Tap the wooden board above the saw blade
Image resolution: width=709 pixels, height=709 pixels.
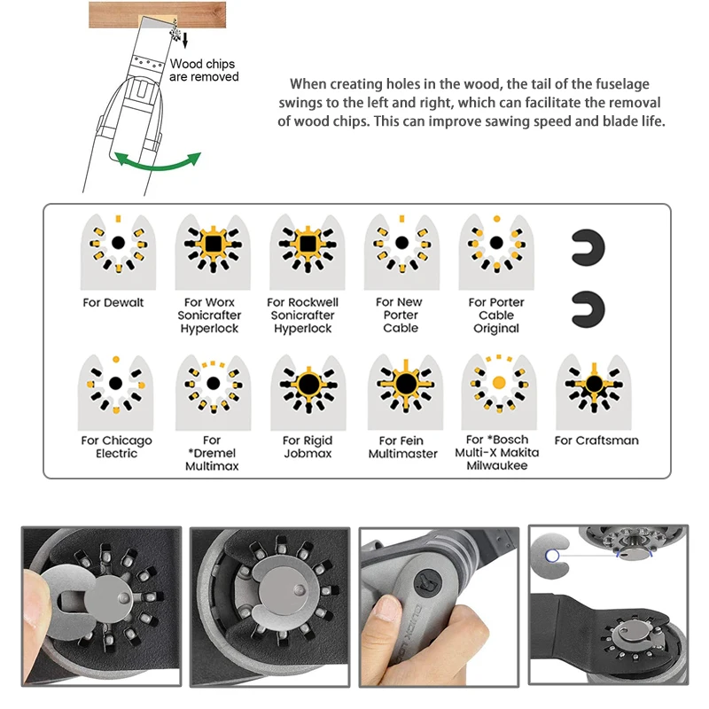click(x=157, y=14)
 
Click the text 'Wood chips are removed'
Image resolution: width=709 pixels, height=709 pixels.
click(x=204, y=70)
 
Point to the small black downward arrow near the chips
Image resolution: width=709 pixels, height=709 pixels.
click(x=184, y=40)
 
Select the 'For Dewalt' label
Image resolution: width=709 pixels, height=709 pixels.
click(x=113, y=302)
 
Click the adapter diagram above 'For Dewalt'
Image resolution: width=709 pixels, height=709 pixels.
click(x=118, y=252)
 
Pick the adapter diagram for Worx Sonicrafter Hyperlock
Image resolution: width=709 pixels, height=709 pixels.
click(x=213, y=252)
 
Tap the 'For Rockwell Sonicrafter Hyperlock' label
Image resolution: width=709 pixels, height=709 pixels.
click(x=302, y=316)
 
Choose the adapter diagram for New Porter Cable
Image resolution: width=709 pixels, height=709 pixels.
click(x=401, y=252)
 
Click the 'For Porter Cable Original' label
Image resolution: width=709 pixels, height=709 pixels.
click(x=496, y=316)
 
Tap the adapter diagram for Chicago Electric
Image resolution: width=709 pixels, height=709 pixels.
click(x=115, y=392)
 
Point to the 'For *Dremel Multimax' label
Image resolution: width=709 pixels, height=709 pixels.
click(x=212, y=453)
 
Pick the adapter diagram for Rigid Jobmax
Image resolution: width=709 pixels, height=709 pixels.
click(x=308, y=392)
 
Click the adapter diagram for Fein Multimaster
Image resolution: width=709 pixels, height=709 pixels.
click(x=405, y=392)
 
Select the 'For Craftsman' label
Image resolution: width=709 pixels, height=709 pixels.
click(x=596, y=440)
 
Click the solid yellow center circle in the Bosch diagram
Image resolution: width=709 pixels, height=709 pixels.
click(x=499, y=383)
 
